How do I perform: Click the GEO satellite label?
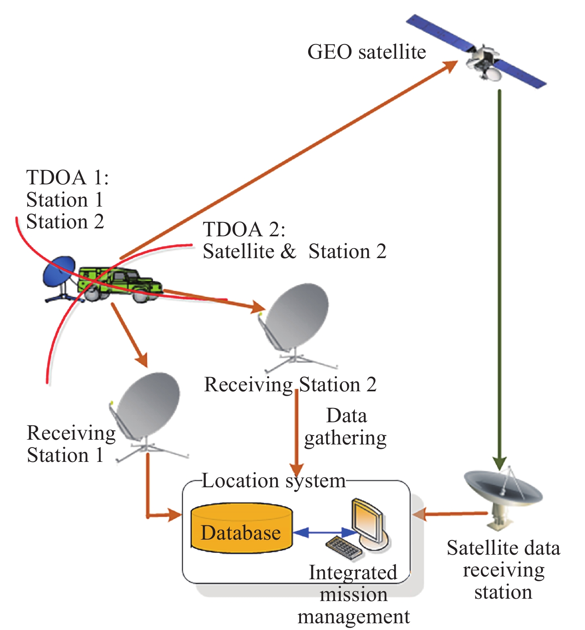point(366,52)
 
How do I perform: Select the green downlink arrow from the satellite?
point(500,278)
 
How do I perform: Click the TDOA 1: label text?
point(67,177)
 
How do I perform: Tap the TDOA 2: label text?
point(244,229)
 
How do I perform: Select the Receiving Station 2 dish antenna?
point(297,317)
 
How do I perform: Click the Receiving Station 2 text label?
point(290,385)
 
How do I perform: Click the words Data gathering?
point(346,427)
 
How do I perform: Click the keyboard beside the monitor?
point(344,548)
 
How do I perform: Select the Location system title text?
point(273,481)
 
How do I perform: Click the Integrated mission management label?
point(353,594)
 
